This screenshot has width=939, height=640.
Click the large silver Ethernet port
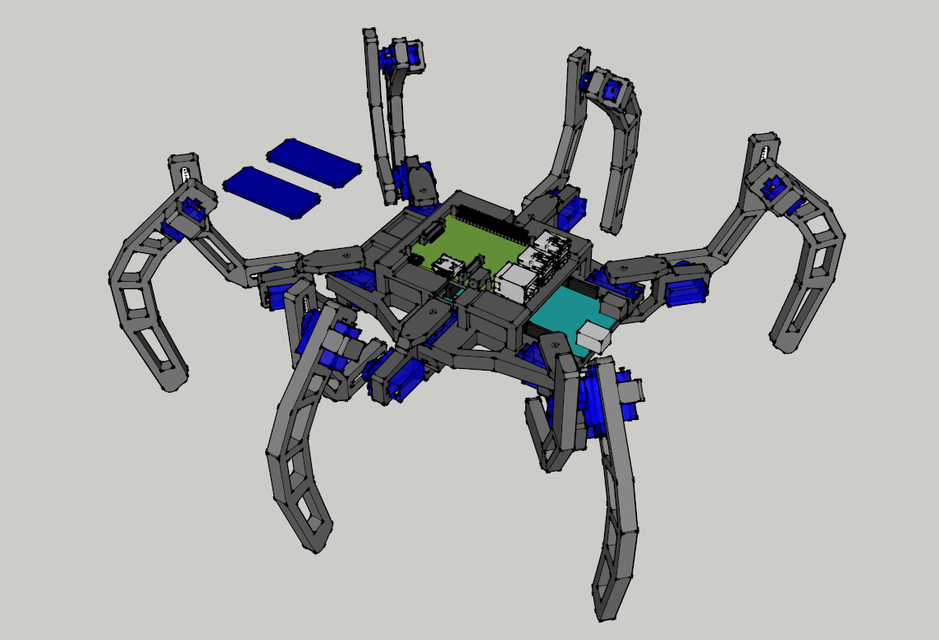point(516,282)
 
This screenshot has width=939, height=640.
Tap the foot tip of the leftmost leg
point(173,380)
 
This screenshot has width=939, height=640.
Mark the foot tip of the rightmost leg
point(786,343)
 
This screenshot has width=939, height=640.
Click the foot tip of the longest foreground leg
point(607,610)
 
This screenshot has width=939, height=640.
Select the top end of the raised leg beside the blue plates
point(371,37)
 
